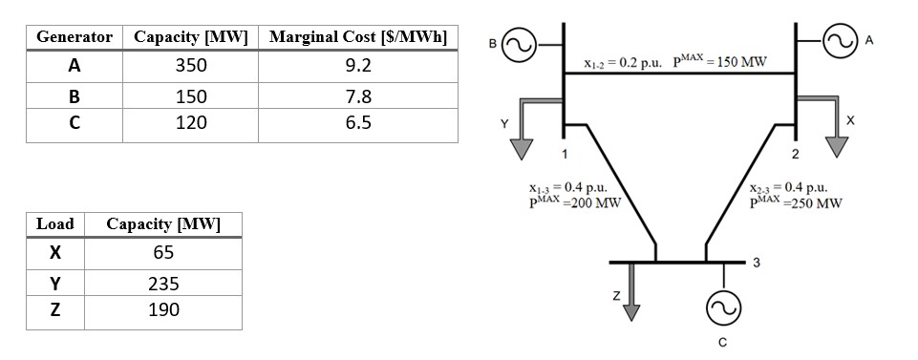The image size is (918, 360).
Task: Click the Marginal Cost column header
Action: click(359, 37)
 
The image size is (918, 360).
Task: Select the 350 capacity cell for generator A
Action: click(191, 67)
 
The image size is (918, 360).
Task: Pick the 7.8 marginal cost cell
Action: click(359, 97)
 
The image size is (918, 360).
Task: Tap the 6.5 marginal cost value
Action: click(359, 124)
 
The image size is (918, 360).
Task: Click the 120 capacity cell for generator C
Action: click(191, 124)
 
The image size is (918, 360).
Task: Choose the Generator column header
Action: click(74, 37)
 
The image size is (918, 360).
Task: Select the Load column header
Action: click(54, 224)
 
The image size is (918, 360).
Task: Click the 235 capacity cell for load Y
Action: click(164, 285)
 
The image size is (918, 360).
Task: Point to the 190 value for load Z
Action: click(164, 310)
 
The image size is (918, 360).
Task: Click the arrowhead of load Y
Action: click(522, 150)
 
